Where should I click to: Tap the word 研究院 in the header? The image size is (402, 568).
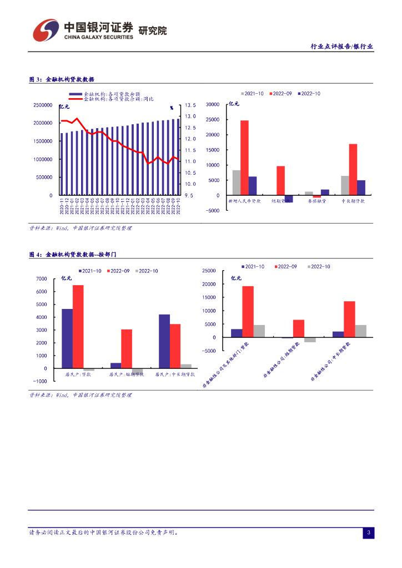coord(152,31)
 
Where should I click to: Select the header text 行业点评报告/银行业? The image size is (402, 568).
coord(341,47)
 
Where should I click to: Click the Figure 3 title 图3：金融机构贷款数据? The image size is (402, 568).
coord(62,79)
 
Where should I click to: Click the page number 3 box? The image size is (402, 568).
coord(368,533)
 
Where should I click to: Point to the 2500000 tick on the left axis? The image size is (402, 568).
coord(43,105)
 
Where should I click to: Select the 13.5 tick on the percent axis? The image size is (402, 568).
coord(190,105)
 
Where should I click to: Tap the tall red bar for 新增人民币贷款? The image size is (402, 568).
coord(244,158)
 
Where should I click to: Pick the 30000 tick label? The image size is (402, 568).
coord(213,104)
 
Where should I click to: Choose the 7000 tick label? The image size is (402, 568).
coord(41,278)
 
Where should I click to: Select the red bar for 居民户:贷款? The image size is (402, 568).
coord(78,326)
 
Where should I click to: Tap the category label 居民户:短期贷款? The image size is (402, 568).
coord(126,374)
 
